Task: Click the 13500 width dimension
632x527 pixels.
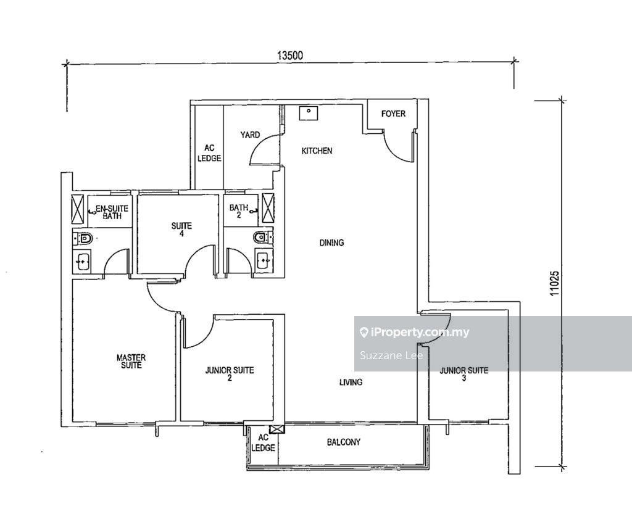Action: click(x=290, y=55)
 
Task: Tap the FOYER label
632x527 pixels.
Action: click(x=393, y=114)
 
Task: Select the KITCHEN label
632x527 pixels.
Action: click(x=317, y=151)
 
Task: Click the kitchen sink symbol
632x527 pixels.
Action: click(x=309, y=113)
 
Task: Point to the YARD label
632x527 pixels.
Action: click(x=250, y=135)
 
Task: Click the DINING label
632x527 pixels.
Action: click(x=331, y=243)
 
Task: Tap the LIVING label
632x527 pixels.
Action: click(x=351, y=382)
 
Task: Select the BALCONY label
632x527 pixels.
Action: click(x=343, y=442)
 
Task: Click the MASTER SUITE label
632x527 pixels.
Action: click(x=131, y=361)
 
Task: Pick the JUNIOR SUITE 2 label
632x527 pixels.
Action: click(x=230, y=374)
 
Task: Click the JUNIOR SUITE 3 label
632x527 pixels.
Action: click(x=464, y=374)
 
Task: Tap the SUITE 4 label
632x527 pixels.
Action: click(x=181, y=230)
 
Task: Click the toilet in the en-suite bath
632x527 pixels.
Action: click(x=83, y=239)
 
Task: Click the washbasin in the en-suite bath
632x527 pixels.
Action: click(x=83, y=262)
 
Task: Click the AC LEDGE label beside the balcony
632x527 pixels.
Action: click(x=263, y=443)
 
